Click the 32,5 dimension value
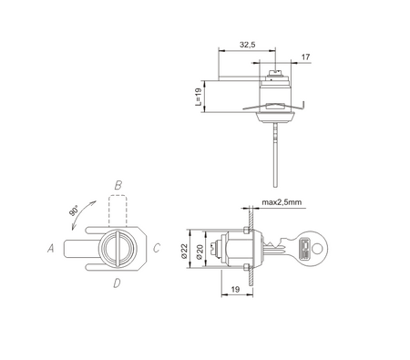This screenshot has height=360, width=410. [x=247, y=45]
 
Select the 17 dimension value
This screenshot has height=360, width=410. [x=305, y=57]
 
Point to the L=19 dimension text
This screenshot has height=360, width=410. [x=198, y=97]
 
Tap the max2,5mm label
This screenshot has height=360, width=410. [x=282, y=202]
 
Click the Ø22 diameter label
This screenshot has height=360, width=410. [x=185, y=251]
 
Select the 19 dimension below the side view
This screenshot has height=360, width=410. [x=235, y=289]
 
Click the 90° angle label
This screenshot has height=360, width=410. [x=74, y=211]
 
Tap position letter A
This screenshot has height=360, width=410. [x=51, y=248]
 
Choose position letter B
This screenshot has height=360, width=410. [x=118, y=185]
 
